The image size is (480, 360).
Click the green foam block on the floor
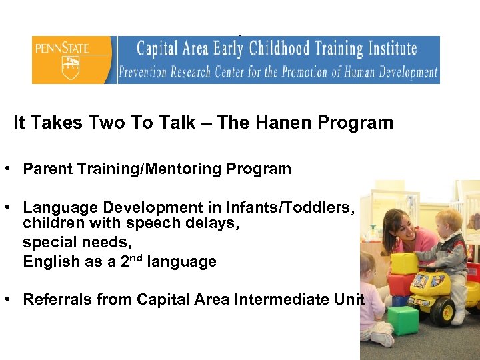[x=403, y=319]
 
